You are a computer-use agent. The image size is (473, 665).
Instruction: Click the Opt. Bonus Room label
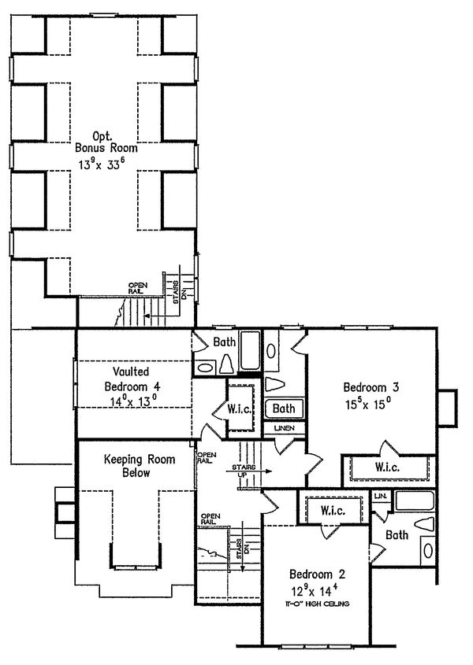pos(106,142)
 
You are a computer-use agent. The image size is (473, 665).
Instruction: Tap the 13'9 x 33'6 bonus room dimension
pos(101,164)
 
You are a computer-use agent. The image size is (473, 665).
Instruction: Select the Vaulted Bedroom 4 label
pos(132,379)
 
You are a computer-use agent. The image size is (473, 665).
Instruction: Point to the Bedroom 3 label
pos(371,387)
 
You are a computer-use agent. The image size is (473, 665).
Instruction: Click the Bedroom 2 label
pos(317,574)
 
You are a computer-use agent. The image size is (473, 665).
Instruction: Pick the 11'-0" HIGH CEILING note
pos(318,604)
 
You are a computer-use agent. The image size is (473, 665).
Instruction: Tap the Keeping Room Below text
pos(140,466)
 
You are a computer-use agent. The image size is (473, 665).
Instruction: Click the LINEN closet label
pos(285,428)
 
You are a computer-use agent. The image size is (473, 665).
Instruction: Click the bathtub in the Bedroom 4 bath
pos(251,351)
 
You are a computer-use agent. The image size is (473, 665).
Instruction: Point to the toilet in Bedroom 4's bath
pos(226,364)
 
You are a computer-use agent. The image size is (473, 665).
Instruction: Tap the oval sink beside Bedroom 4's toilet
pos(204,368)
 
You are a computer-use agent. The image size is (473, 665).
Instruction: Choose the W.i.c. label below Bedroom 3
pos(387,467)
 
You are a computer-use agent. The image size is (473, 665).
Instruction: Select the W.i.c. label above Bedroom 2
pos(333,510)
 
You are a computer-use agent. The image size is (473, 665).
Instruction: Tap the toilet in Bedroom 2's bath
pos(425,524)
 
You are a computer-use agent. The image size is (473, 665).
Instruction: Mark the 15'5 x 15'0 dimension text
pos(368,404)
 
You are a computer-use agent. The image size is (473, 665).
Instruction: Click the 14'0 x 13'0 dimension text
pos(133,401)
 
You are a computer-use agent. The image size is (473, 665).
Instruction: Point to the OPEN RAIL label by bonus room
pos(138,288)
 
